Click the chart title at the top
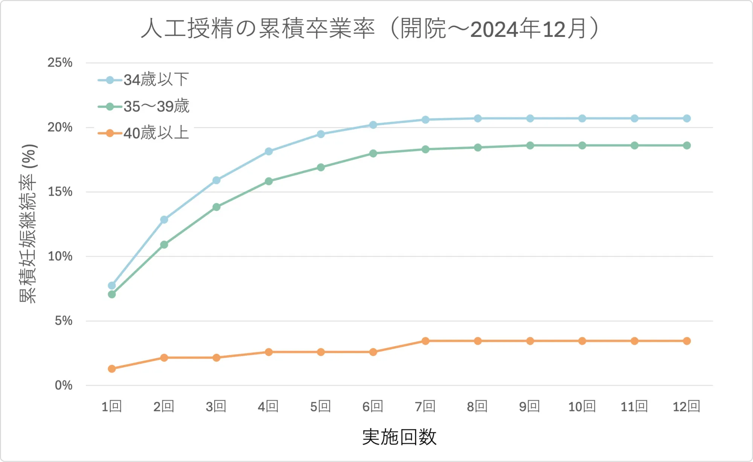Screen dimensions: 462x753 pos(371,29)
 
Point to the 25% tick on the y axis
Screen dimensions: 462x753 pos(60,63)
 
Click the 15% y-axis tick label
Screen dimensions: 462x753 pos(60,192)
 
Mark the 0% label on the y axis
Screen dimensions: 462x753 pos(63,385)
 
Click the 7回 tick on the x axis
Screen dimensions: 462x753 pos(425,407)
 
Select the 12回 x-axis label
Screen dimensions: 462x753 pos(686,407)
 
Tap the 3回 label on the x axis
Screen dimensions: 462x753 pos(216,407)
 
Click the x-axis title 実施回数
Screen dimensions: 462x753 pos(399,437)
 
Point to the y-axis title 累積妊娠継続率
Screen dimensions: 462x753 pos(28,224)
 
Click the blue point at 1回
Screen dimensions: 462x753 pos(112,286)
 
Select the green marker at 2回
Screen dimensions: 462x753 pos(164,245)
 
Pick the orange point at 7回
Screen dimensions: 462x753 pos(425,341)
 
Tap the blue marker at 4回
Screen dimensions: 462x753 pos(268,152)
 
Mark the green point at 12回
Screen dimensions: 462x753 pos(687,146)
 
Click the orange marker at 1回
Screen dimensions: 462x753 pos(112,369)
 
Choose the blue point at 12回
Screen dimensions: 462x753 pos(687,119)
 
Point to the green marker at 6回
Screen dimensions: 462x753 pos(373,153)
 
